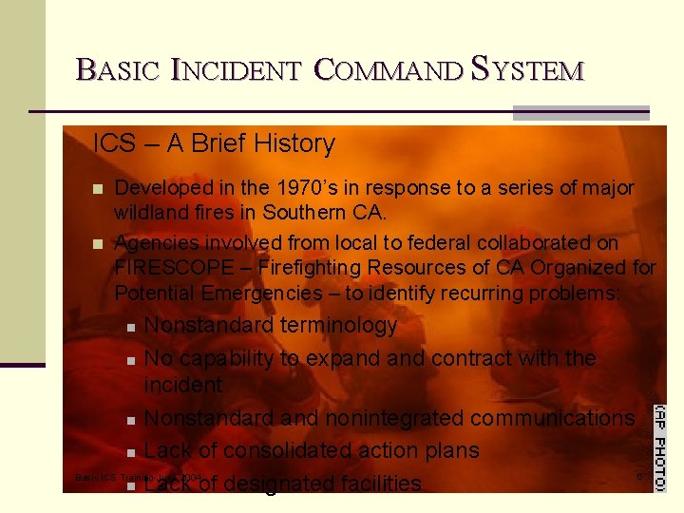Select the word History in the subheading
pos(292,144)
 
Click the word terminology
pos(338,326)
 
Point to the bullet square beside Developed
pos(98,189)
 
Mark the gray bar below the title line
pos(580,113)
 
